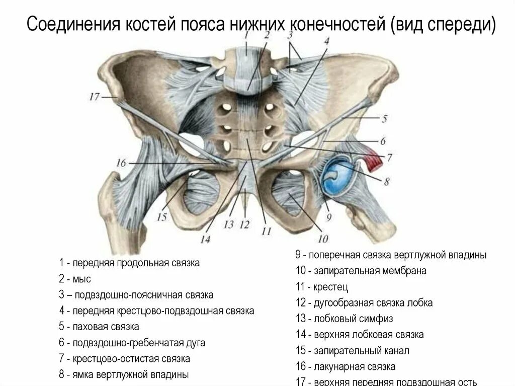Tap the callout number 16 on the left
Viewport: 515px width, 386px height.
point(120,163)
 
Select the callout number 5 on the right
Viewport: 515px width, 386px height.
point(384,119)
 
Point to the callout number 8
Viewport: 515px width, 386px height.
point(386,181)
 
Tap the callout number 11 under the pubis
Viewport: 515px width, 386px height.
point(266,231)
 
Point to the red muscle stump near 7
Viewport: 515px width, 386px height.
point(373,157)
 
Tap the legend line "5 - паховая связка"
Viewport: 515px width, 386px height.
point(99,327)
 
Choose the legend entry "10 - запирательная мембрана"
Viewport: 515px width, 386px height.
point(361,271)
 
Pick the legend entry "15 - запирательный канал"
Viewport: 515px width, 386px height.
point(353,350)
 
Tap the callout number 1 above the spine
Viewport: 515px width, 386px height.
point(246,36)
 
